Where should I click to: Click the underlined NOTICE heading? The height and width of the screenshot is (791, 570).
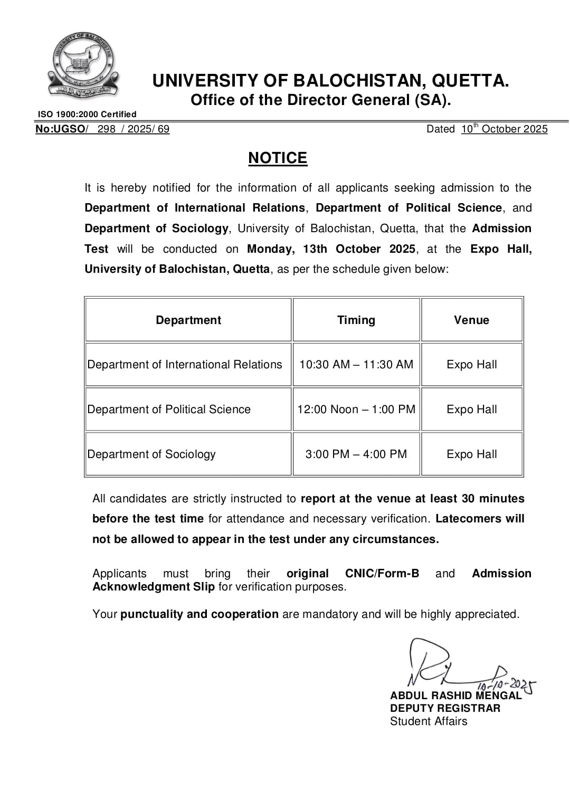(x=278, y=158)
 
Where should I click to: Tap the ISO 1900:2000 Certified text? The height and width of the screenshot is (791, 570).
(x=87, y=114)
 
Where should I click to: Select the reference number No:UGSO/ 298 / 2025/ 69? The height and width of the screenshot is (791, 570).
(x=102, y=129)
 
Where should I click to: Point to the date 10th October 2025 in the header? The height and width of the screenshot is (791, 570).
(x=504, y=129)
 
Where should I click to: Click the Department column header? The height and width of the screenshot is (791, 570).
(x=188, y=320)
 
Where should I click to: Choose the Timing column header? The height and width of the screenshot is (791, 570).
(x=356, y=320)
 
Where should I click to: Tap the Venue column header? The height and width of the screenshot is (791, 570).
(x=471, y=320)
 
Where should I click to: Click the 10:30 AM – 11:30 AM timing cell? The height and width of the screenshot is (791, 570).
(x=356, y=364)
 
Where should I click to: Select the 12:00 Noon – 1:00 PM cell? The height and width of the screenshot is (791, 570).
(x=356, y=409)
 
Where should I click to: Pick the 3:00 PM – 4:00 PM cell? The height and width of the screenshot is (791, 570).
(x=356, y=454)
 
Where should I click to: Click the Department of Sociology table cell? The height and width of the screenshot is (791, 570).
(x=151, y=454)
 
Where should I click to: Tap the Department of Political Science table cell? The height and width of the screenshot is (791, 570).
(x=169, y=409)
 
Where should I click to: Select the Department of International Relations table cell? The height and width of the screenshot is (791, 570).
(x=185, y=364)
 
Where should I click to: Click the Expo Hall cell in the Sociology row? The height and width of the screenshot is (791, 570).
(x=471, y=454)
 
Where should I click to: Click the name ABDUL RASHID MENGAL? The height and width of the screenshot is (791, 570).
(x=455, y=695)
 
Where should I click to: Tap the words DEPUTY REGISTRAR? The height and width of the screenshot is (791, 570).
(x=445, y=708)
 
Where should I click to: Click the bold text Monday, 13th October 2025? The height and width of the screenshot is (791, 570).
(x=331, y=249)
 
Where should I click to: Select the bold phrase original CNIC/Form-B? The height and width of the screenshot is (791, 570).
(x=353, y=573)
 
